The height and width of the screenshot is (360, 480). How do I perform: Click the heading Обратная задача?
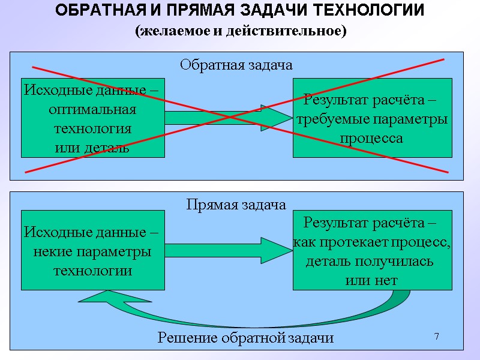pos(236,65)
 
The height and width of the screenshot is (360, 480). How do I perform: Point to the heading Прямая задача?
pos(236,205)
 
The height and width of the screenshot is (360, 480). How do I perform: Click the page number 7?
pos(437,337)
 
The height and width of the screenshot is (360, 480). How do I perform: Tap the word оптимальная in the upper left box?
pos(92,110)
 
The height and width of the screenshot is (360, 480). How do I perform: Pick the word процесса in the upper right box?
pos(371,138)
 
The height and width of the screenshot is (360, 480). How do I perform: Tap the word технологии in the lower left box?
pos(93,270)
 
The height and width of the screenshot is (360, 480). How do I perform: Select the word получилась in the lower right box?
pos(396,262)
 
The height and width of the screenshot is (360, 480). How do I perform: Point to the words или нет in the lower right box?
pos(371,280)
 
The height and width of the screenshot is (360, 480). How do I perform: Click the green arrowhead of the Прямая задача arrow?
pos(275,250)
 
